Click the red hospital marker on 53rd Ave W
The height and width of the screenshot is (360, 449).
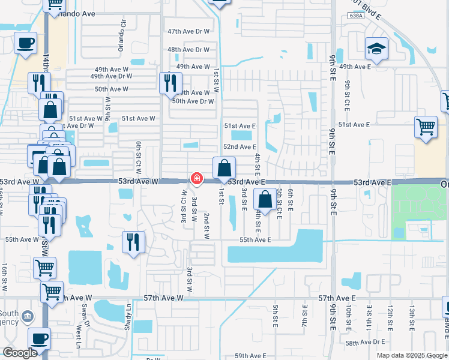tap(196, 178)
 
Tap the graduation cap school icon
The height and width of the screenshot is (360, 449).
tap(376, 49)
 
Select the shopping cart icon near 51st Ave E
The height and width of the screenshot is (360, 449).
tap(426, 127)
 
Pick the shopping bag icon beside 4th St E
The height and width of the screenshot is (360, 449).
tap(265, 199)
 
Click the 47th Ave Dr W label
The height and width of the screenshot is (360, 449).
tap(188, 31)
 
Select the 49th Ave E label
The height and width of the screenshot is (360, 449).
tap(355, 67)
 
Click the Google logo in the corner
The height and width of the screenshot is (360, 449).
tap(20, 353)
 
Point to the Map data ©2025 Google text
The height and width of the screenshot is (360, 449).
tap(411, 355)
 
